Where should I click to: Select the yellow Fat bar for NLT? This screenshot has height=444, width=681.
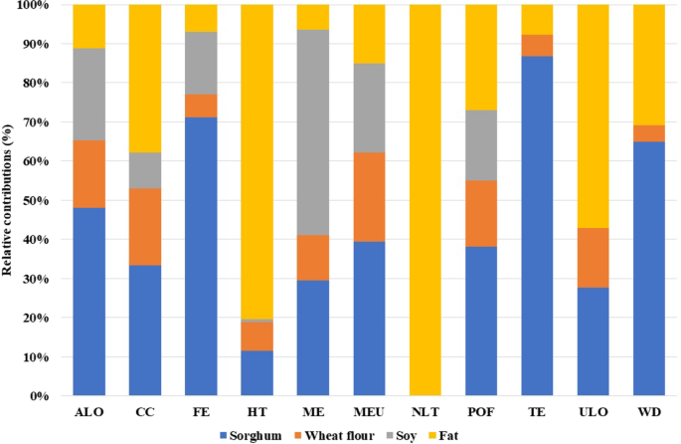425,200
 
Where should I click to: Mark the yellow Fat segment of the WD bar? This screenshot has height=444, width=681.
648,65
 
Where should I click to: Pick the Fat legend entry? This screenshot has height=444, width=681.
449,435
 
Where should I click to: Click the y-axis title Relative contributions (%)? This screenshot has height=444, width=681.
10,200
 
